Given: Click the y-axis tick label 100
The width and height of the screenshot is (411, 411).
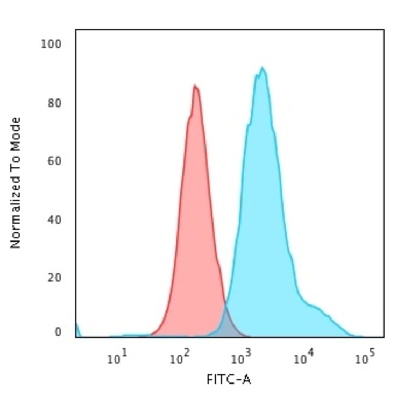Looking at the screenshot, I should pyautogui.click(x=52, y=44).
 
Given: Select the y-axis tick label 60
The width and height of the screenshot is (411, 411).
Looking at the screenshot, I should pyautogui.click(x=54, y=161).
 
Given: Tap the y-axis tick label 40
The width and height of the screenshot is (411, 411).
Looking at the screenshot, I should pyautogui.click(x=54, y=219).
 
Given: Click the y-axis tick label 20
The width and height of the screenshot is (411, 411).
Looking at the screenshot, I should pyautogui.click(x=54, y=278).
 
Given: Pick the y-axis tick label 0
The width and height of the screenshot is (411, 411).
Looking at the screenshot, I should pyautogui.click(x=58, y=332).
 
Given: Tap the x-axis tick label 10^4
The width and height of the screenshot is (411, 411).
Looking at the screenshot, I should pyautogui.click(x=303, y=358).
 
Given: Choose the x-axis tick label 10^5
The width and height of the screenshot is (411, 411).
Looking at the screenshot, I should pyautogui.click(x=365, y=358).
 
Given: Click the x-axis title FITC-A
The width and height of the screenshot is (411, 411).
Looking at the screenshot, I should pyautogui.click(x=229, y=380).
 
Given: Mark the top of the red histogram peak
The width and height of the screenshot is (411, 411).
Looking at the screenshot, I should pyautogui.click(x=195, y=86).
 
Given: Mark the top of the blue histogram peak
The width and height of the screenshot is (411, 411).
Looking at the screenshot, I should pyautogui.click(x=262, y=68).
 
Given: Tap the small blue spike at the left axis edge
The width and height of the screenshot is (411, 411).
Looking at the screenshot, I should pyautogui.click(x=77, y=328).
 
